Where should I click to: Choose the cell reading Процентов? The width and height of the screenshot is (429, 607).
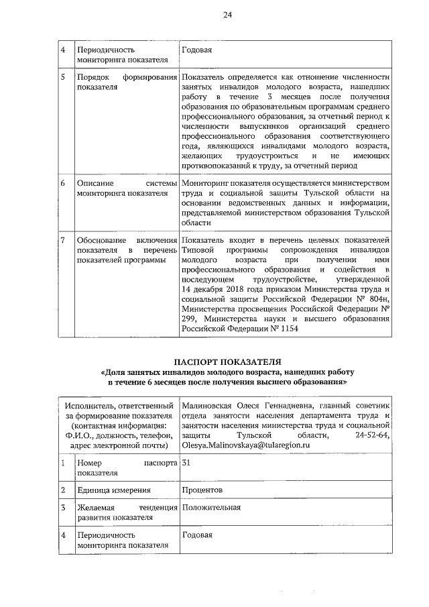202,490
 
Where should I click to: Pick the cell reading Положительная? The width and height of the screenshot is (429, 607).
210,508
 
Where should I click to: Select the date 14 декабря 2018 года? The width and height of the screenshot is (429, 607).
222,289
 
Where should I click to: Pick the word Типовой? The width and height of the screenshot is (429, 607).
198,249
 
